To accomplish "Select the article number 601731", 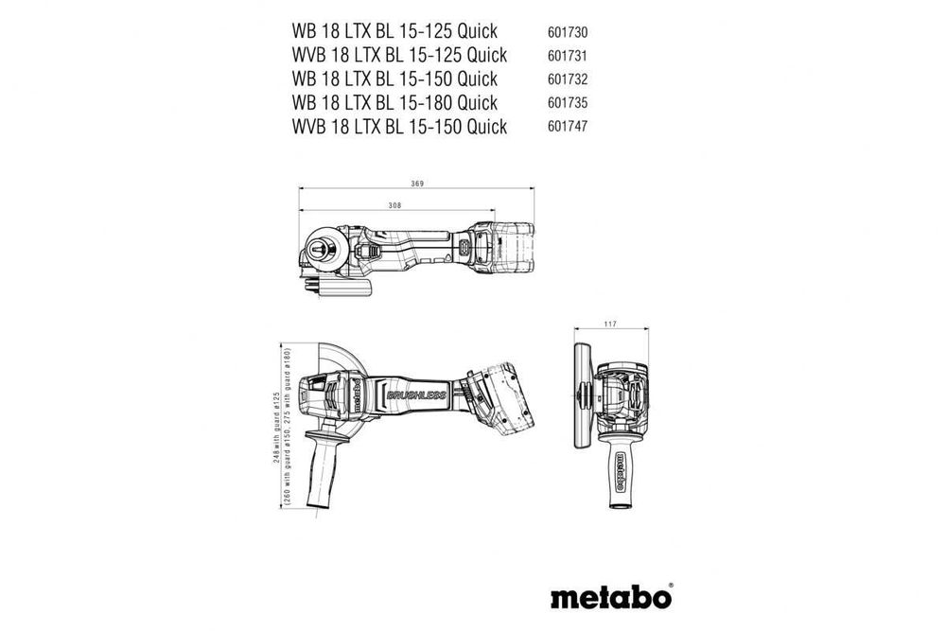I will click(x=568, y=54).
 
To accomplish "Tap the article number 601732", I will click(x=568, y=79).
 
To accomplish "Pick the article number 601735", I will click(x=568, y=102).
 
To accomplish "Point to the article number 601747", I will click(x=568, y=127).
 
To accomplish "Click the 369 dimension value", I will click(x=417, y=183).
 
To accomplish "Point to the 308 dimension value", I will click(x=394, y=205).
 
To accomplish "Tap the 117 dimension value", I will click(x=610, y=325).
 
